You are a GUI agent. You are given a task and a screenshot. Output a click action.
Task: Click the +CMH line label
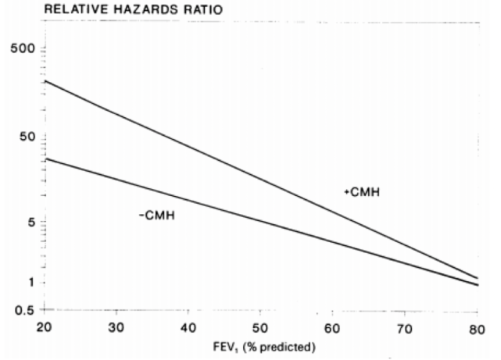(361, 192)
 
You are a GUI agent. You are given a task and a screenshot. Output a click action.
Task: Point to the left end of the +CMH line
(46, 80)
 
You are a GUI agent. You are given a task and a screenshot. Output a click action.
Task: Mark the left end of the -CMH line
(46, 159)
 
